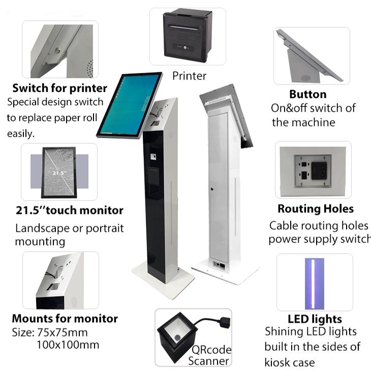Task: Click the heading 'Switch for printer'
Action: coord(59,88)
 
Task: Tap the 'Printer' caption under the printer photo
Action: coord(189,76)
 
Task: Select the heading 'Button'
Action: coord(307,94)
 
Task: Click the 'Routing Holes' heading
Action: coord(315,209)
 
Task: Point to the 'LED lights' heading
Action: coord(315,319)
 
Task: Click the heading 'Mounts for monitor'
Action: coord(65,319)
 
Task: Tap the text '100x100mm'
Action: coord(68,345)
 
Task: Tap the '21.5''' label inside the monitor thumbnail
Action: coord(59,173)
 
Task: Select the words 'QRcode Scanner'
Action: coord(209,355)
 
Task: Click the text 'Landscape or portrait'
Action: coord(69,228)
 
